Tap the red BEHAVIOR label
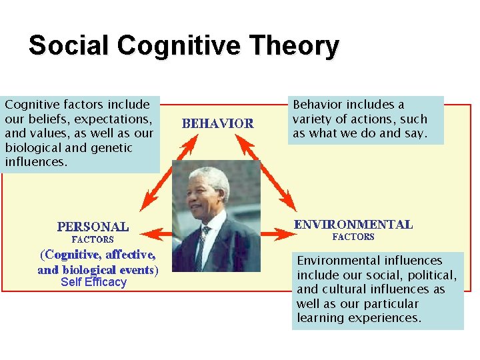click(x=218, y=123)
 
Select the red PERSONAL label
click(x=93, y=226)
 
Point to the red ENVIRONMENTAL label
click(x=353, y=225)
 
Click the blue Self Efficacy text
click(x=93, y=282)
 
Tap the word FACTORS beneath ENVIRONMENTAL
click(x=353, y=237)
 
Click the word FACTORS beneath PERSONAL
click(x=93, y=239)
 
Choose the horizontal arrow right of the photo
click(x=276, y=233)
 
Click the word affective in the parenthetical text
click(x=130, y=255)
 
